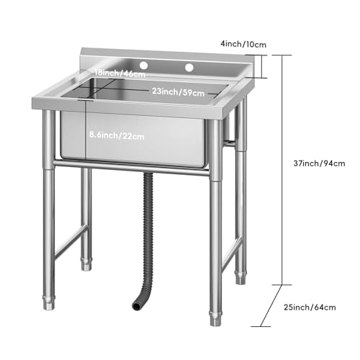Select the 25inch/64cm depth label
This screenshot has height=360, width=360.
[310, 307]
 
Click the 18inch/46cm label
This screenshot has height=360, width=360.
[117, 73]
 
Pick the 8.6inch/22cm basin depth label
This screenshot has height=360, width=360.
[115, 134]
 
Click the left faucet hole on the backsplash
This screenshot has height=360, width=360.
[143, 66]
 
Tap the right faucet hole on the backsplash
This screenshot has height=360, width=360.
[190, 68]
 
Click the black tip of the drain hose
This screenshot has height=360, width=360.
[136, 305]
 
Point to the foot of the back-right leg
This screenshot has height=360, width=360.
[240, 275]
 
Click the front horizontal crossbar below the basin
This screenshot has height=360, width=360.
[133, 168]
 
